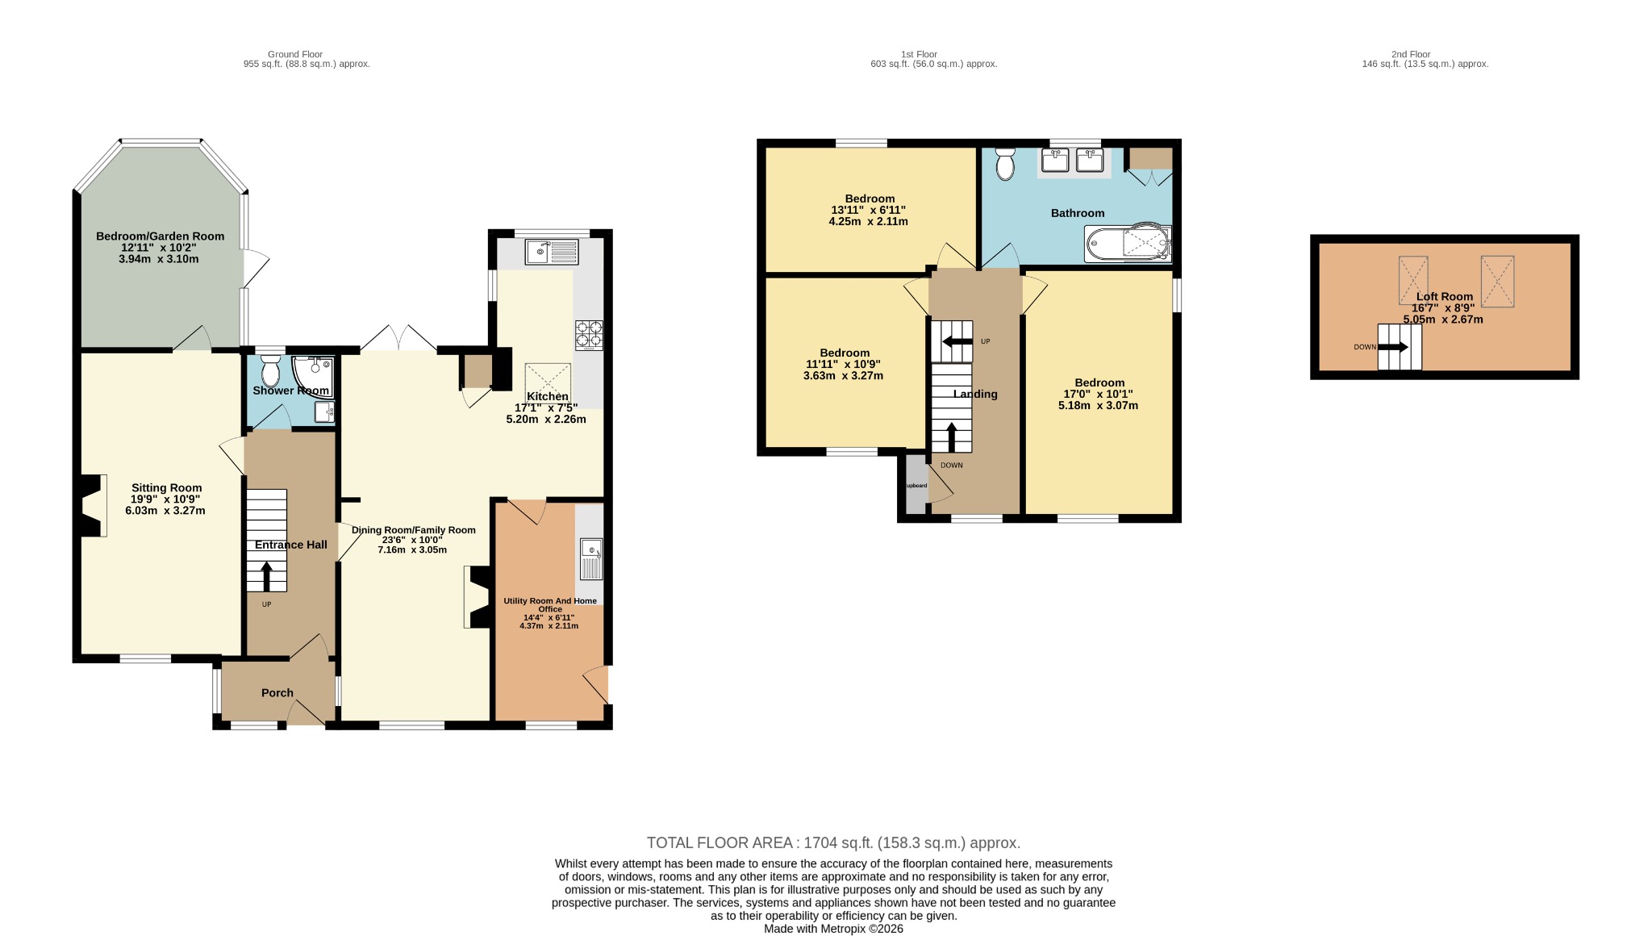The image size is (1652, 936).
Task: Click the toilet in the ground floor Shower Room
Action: coord(269,372)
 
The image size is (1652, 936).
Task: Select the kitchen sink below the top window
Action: coord(552,253)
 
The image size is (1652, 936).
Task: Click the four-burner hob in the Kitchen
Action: coord(589,336)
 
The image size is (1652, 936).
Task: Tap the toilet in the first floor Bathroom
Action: coord(1005,163)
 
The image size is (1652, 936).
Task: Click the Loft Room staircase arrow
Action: coord(1393,347)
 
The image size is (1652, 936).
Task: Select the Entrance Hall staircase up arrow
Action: coord(266,576)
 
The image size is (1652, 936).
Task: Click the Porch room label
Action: coord(277,692)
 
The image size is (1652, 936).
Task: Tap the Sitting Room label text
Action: coord(167,487)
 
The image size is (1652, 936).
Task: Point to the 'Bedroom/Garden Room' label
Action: coord(160,236)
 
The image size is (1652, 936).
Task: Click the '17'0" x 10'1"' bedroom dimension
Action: coord(1098,394)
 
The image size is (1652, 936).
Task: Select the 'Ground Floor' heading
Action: coord(295,54)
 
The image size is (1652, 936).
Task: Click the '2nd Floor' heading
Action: coord(1411,54)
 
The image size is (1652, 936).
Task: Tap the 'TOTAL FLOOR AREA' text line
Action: coord(833,842)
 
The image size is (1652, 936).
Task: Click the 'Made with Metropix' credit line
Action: coord(833,929)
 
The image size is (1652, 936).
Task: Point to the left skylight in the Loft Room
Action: coord(1413,280)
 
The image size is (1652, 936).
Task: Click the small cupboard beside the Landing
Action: coord(916,484)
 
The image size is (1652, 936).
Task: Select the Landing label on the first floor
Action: coord(975,394)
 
